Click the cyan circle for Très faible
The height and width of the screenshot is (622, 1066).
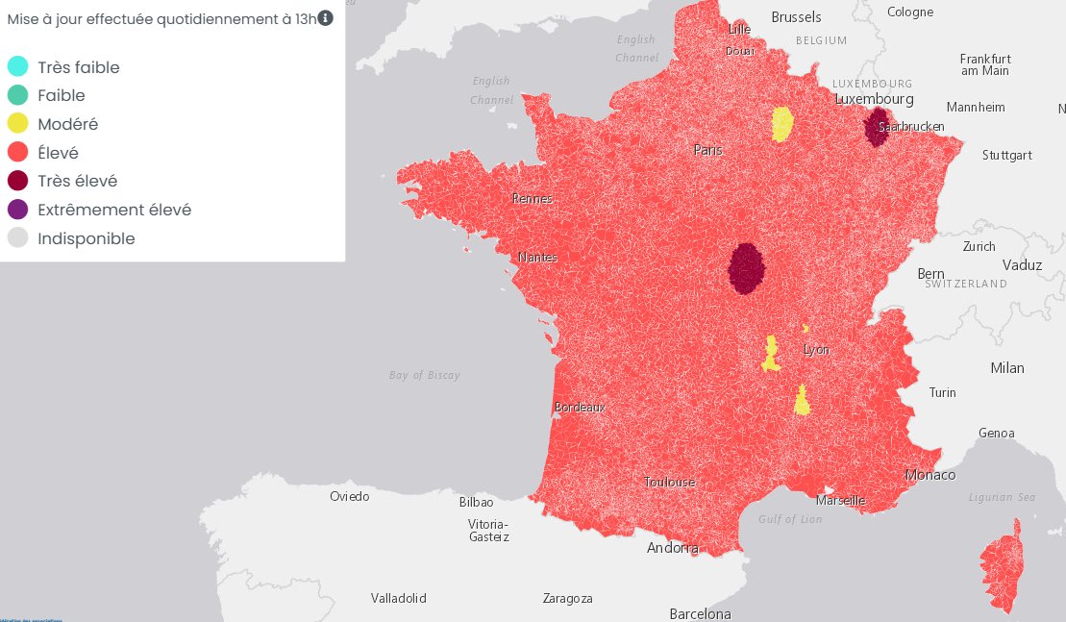17,67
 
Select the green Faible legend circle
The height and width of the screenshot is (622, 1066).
17,95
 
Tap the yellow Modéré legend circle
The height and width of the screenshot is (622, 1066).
17,124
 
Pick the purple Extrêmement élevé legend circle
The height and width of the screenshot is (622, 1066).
17,210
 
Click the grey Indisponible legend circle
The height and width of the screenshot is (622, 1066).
17,238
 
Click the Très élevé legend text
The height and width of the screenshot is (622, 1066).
78,181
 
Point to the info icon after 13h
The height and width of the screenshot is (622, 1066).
326,17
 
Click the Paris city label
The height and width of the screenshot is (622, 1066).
708,150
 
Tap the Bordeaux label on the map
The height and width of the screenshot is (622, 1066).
580,408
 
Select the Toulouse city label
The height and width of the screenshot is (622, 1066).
669,482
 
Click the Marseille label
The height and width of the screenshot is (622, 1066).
840,501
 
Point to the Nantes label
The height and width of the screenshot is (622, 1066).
537,258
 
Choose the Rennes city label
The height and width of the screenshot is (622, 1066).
533,199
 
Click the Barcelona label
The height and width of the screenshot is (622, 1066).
700,614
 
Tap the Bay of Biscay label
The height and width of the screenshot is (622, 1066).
425,375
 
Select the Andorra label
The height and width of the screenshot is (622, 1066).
673,548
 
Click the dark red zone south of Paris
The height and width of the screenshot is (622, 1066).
746,267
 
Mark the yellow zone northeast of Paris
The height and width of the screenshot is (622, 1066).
782,124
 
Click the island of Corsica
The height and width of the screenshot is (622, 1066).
1003,567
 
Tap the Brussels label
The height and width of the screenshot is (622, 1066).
797,17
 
